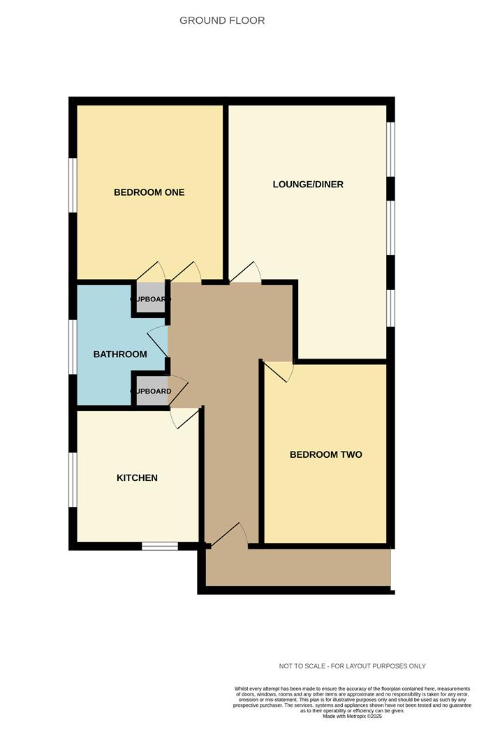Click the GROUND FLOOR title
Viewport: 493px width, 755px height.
[x=222, y=20]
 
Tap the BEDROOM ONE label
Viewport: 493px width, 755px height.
[x=149, y=192]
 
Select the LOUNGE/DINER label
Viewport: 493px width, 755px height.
[x=308, y=185]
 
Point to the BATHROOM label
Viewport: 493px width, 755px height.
[x=120, y=354]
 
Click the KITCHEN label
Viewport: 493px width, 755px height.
[x=137, y=478]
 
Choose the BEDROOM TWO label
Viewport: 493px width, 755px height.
[x=325, y=454]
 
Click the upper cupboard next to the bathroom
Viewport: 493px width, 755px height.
[x=150, y=299]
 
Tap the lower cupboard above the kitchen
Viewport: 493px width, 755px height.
[x=150, y=391]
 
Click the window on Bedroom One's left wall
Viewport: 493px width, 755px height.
[x=72, y=185]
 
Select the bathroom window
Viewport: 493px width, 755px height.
[x=72, y=347]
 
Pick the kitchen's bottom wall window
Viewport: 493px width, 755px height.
[x=160, y=546]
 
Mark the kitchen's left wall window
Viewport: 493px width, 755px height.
[x=72, y=479]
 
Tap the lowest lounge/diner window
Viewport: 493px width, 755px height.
[x=392, y=308]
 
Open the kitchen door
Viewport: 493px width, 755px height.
[x=184, y=417]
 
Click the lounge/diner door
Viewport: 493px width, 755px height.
[x=246, y=273]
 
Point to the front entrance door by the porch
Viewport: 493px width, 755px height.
[x=229, y=534]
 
